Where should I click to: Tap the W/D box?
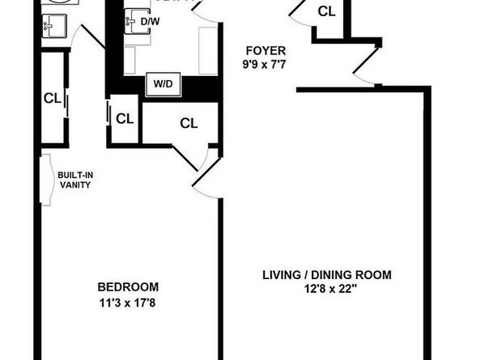pyautogui.click(x=163, y=83)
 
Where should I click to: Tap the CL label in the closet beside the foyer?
pyautogui.click(x=326, y=11)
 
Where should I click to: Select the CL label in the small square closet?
pyautogui.click(x=124, y=119)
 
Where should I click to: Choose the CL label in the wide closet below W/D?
pyautogui.click(x=189, y=123)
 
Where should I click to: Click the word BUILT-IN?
pyautogui.click(x=74, y=174)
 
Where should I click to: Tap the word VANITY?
pyautogui.click(x=74, y=184)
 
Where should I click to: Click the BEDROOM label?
pyautogui.click(x=128, y=287)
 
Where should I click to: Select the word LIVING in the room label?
pyautogui.click(x=282, y=275)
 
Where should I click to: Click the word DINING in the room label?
pyautogui.click(x=333, y=275)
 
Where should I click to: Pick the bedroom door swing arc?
pyautogui.click(x=202, y=174)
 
